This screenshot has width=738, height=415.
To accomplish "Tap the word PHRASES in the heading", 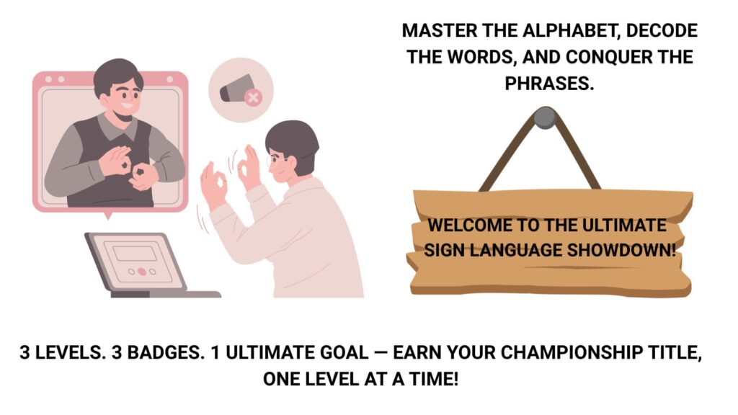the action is [x=549, y=84].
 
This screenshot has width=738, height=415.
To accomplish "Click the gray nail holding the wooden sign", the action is [x=545, y=117].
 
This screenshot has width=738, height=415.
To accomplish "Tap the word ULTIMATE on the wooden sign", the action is [x=624, y=225].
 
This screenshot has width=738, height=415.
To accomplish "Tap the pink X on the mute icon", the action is [x=253, y=97].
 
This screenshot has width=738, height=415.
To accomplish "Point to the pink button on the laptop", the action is [x=142, y=272].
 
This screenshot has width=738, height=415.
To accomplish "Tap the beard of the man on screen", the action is [x=126, y=115].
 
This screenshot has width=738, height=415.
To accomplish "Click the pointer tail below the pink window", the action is [x=108, y=215].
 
